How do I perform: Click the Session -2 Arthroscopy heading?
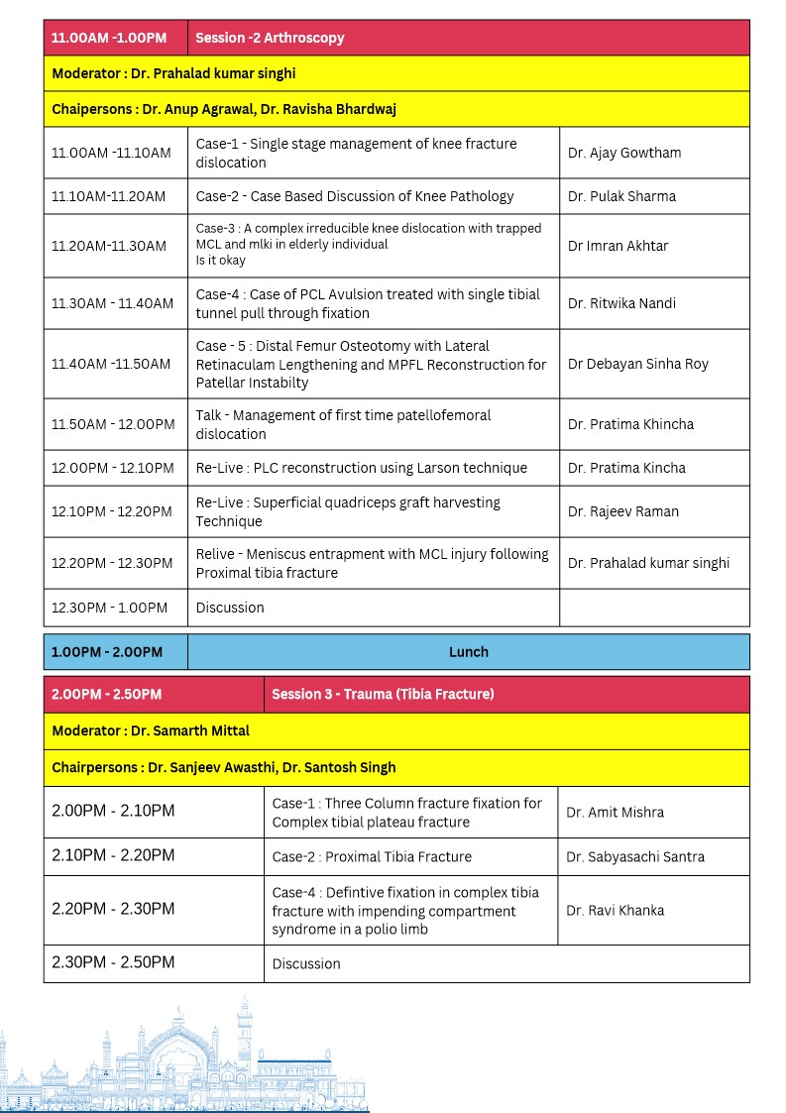[x=270, y=38]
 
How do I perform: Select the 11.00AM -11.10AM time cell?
[x=111, y=153]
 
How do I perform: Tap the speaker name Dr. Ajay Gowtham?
[x=623, y=153]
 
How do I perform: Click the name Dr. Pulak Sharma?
[x=621, y=196]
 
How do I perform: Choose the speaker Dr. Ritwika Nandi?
[x=621, y=303]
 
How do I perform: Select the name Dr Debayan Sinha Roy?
[x=637, y=364]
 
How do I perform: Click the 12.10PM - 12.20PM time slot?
[x=112, y=511]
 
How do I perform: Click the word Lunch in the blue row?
[x=468, y=652]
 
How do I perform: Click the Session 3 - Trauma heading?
[x=383, y=694]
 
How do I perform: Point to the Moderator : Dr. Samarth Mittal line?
[x=151, y=730]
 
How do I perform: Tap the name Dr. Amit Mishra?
[x=615, y=812]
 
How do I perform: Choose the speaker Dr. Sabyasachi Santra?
[x=634, y=856]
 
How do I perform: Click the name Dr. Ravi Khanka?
[x=615, y=910]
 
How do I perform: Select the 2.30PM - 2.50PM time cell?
[x=113, y=962]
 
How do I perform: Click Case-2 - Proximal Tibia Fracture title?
[x=372, y=856]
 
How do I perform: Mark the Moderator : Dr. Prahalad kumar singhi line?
[x=173, y=73]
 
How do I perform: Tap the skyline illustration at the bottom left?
[x=183, y=1060]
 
